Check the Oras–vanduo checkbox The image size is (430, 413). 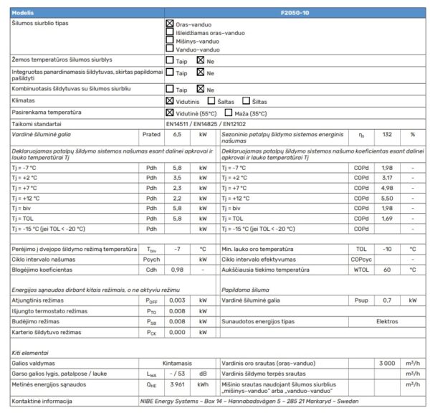[x=170, y=24]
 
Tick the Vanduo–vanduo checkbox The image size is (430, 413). [x=170, y=49]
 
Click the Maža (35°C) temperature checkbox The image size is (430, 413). [x=229, y=113]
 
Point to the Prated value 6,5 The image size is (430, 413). [x=178, y=134]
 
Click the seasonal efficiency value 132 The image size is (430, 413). [x=387, y=134]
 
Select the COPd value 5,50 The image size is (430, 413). [x=387, y=198]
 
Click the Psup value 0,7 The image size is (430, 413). [x=387, y=301]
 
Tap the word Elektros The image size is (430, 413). [x=387, y=322]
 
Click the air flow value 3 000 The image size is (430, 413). [x=387, y=364]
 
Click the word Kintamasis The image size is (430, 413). [x=178, y=364]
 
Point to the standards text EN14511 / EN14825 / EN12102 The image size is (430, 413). [x=205, y=123]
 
